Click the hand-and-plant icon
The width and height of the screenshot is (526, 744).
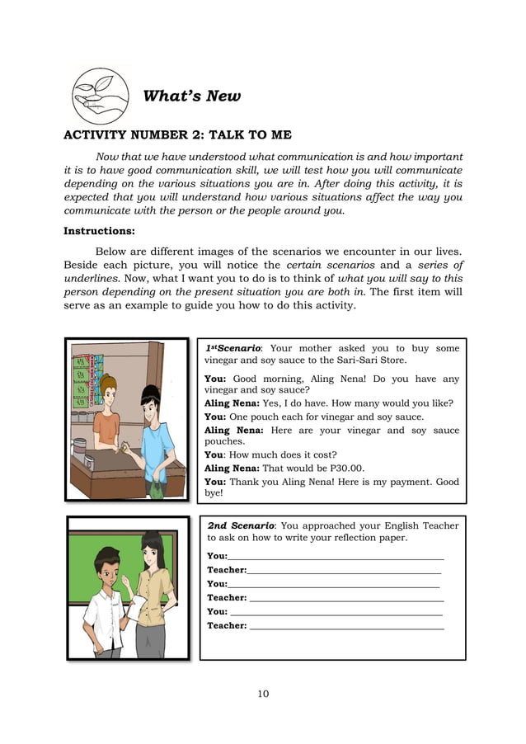pyautogui.click(x=101, y=96)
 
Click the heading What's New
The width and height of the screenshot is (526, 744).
pyautogui.click(x=191, y=96)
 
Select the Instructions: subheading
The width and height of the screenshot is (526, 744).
pyautogui.click(x=99, y=231)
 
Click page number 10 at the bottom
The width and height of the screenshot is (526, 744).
pyautogui.click(x=262, y=694)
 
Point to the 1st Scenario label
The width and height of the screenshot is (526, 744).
pyautogui.click(x=233, y=349)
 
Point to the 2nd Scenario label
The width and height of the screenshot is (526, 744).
pyautogui.click(x=241, y=525)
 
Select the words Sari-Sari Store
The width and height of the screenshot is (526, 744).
pyautogui.click(x=367, y=360)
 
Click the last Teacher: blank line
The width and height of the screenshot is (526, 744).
pyautogui.click(x=346, y=626)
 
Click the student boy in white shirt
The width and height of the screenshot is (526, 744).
pyautogui.click(x=104, y=602)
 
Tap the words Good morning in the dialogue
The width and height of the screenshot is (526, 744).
pyautogui.click(x=261, y=379)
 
